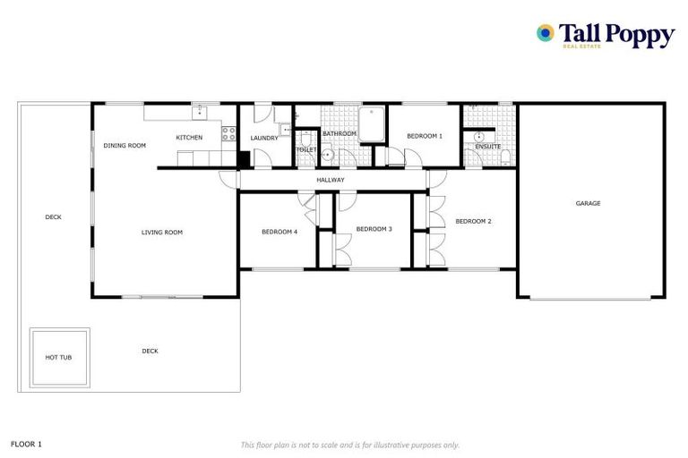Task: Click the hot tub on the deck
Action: [x=59, y=357]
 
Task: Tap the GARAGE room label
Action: [x=588, y=203]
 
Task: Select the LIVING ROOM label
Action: [x=162, y=233]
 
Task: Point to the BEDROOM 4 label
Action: [x=279, y=232]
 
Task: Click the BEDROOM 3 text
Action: [x=374, y=229]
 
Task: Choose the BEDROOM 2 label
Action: [x=473, y=221]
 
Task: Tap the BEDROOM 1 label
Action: [x=425, y=136]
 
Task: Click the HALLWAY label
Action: [x=331, y=180]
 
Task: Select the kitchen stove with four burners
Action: [x=228, y=134]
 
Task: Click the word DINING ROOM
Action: [x=125, y=145]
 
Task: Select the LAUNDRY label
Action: [x=264, y=138]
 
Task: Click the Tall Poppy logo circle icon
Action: [x=545, y=33]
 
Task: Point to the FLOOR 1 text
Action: [x=26, y=443]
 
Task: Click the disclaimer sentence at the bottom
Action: [x=349, y=445]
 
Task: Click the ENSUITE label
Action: [x=488, y=146]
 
